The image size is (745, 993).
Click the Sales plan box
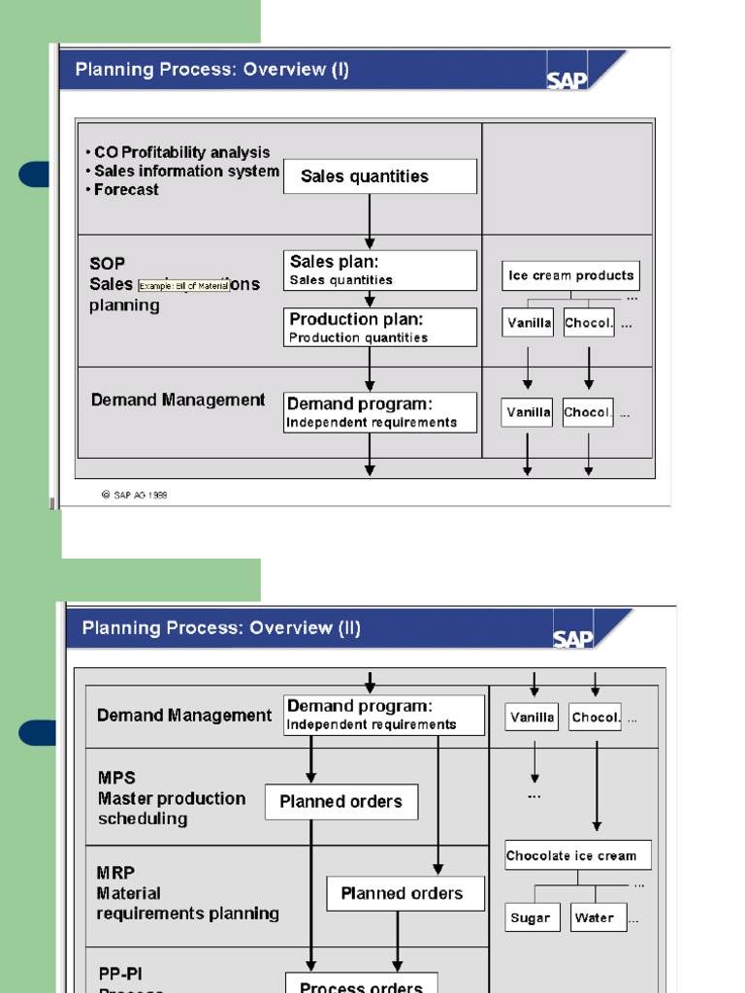coord(379,271)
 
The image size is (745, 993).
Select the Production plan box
coord(379,328)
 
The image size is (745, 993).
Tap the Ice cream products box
coord(570,275)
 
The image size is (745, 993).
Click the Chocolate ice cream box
coord(577,855)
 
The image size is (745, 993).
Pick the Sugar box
coord(532,917)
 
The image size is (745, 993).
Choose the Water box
coord(598,917)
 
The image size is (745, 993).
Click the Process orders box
coord(361,984)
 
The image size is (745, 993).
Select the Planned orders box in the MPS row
coord(340,802)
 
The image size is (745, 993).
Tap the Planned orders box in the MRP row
coord(405,893)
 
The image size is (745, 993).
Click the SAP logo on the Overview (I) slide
coord(567,79)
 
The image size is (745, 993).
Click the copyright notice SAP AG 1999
coord(135,495)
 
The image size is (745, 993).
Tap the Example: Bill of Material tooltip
coord(184,286)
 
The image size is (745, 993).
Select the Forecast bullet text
coord(126,189)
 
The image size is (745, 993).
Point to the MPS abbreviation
coord(116,778)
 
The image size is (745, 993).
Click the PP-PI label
coord(121,973)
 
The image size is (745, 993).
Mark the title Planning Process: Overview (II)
coord(221,627)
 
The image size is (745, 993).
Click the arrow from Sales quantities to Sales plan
coord(370,221)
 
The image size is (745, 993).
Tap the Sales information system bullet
coord(186,171)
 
